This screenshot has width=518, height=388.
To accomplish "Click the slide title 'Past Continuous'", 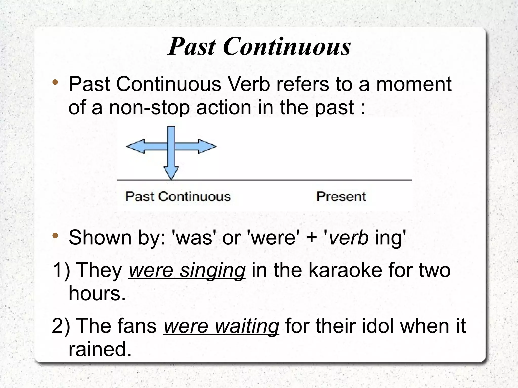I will (259, 47).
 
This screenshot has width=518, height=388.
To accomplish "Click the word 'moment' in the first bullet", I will (414, 84).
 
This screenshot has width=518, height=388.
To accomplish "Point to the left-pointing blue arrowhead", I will (134, 146).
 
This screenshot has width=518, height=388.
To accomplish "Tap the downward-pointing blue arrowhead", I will (171, 173).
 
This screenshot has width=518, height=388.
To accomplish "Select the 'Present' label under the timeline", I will (341, 196).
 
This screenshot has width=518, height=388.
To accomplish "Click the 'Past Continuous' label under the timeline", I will (178, 196).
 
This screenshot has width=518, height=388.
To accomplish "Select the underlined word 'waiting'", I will (247, 326).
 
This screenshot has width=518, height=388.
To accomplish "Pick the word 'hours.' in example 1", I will (97, 294).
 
